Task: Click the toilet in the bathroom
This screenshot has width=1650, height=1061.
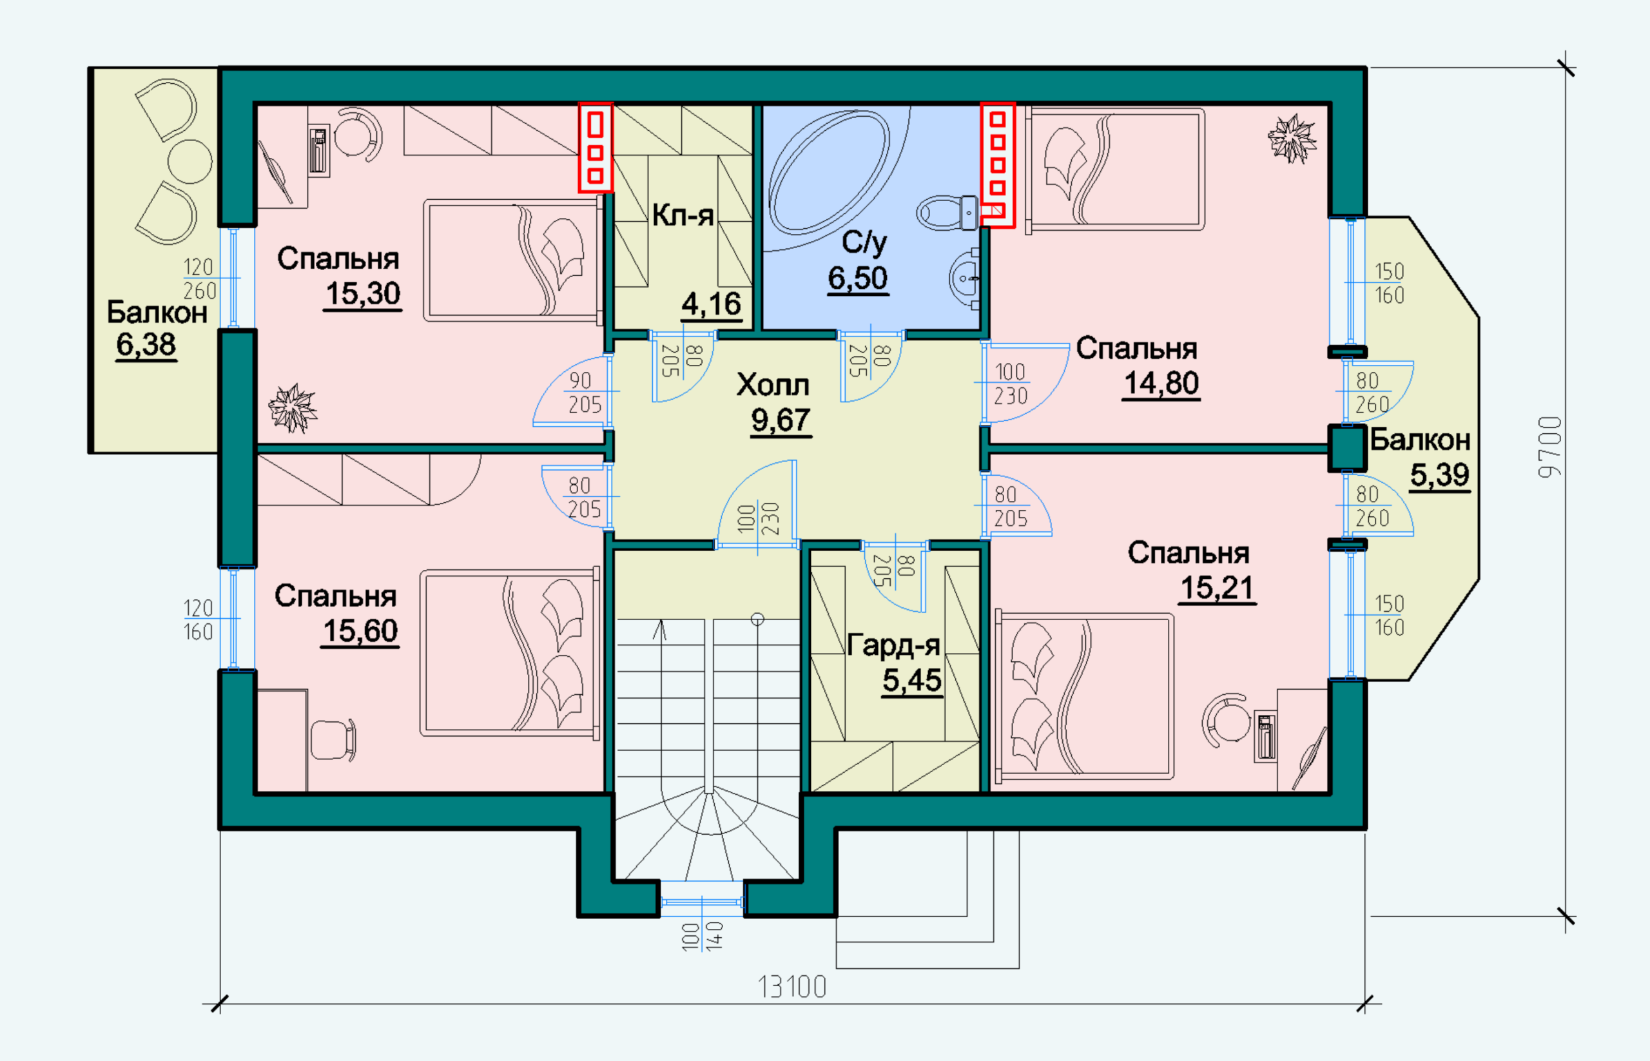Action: click(x=947, y=213)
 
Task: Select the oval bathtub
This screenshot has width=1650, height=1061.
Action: click(x=829, y=172)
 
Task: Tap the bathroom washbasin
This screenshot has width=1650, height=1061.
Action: click(x=964, y=279)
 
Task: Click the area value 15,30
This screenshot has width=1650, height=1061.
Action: click(x=362, y=294)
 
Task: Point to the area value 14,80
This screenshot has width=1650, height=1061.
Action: click(x=1161, y=384)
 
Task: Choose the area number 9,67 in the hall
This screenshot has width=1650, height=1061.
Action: click(x=781, y=420)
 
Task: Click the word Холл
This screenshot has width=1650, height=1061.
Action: click(x=773, y=385)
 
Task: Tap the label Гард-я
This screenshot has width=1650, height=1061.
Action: click(x=893, y=645)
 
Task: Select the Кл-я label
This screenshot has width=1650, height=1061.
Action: click(x=683, y=216)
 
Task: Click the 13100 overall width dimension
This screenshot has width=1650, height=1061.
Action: click(x=792, y=988)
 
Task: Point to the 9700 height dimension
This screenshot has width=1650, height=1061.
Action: click(x=1550, y=447)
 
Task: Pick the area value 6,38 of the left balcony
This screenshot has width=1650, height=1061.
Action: click(x=146, y=344)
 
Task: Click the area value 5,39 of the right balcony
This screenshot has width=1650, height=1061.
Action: click(x=1440, y=475)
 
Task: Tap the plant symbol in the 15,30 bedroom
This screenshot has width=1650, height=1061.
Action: click(x=293, y=408)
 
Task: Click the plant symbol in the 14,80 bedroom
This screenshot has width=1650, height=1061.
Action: click(x=1292, y=139)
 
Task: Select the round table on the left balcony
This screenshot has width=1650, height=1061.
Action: click(x=190, y=162)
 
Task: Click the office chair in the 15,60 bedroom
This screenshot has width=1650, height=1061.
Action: click(x=333, y=741)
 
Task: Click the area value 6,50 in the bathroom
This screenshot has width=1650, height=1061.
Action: click(x=858, y=279)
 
